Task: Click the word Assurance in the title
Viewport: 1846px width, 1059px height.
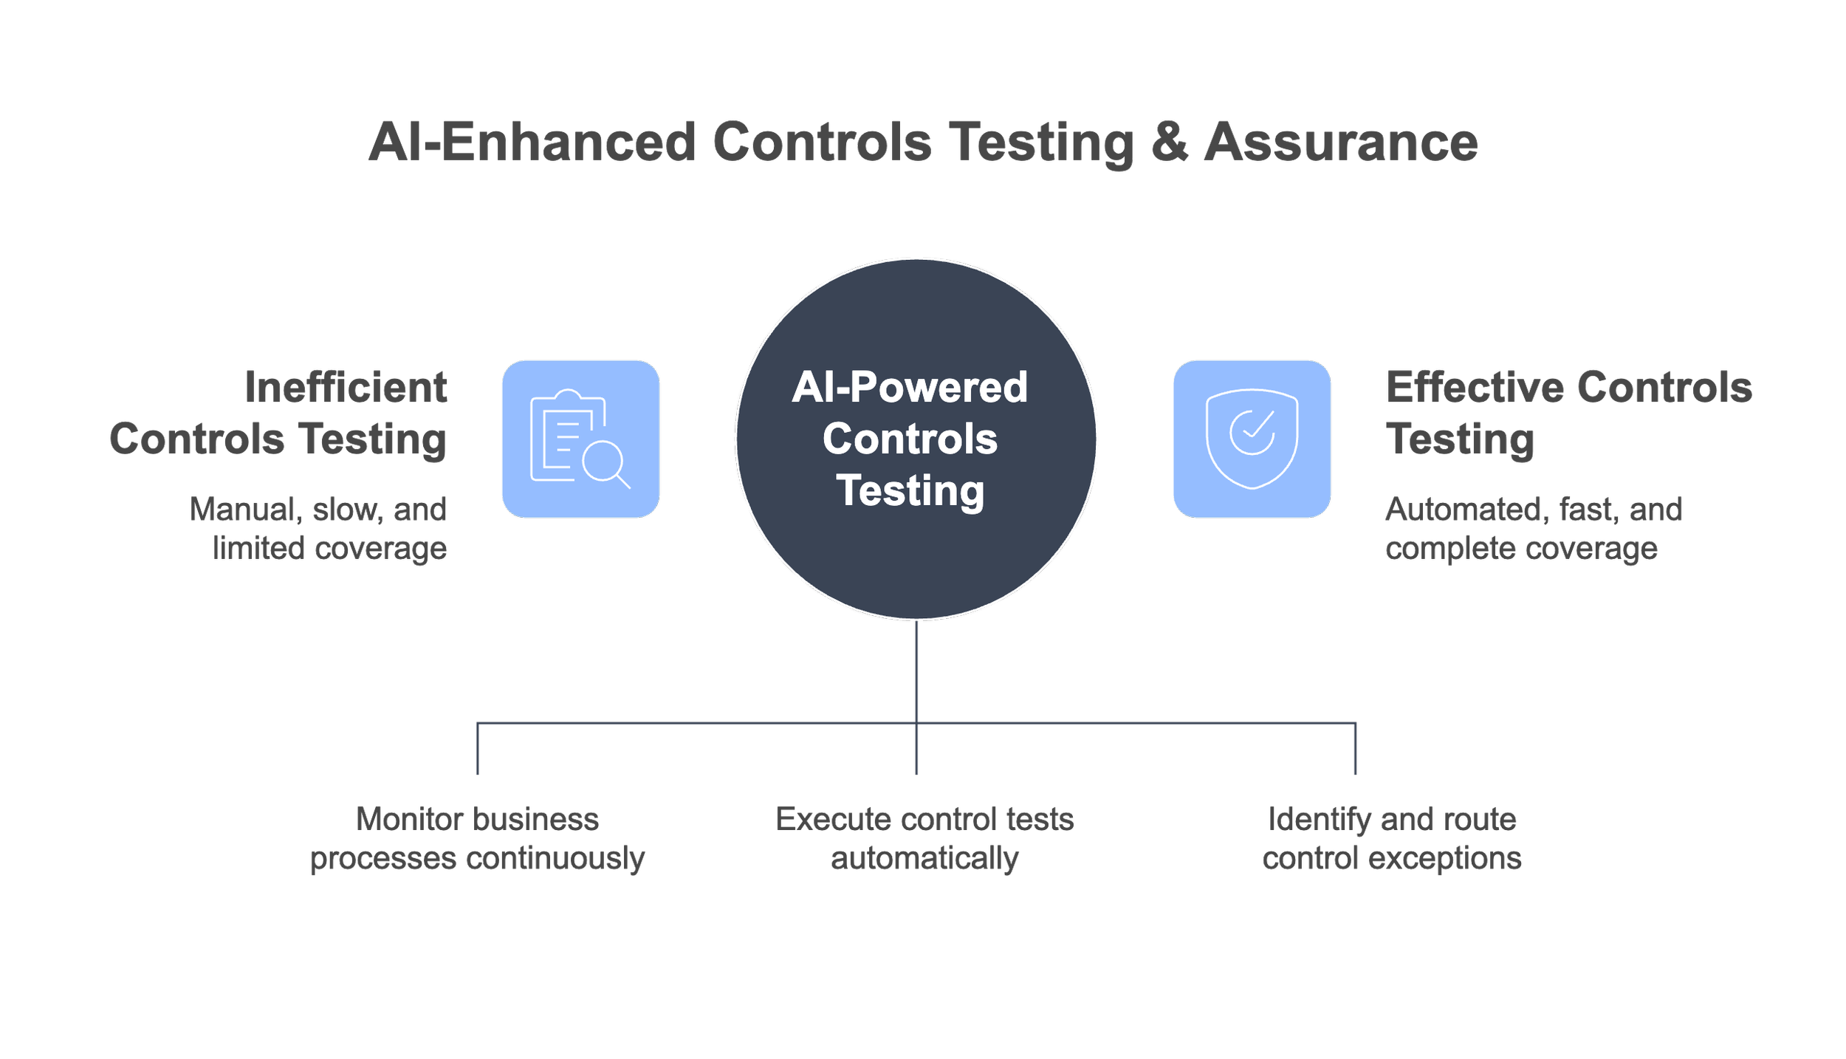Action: point(1341,142)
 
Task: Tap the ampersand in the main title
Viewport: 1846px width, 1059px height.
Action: point(1170,142)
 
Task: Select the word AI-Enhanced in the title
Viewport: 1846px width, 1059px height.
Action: point(532,142)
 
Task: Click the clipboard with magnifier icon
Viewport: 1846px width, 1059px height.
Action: point(580,439)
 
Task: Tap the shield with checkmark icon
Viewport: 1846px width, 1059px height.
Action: point(1252,439)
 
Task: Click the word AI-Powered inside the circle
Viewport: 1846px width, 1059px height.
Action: point(910,387)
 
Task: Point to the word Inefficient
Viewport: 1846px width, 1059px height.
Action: point(346,387)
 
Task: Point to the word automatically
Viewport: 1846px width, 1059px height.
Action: point(924,858)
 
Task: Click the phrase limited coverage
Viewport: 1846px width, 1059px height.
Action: point(329,549)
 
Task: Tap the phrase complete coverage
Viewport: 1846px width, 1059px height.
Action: point(1521,549)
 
